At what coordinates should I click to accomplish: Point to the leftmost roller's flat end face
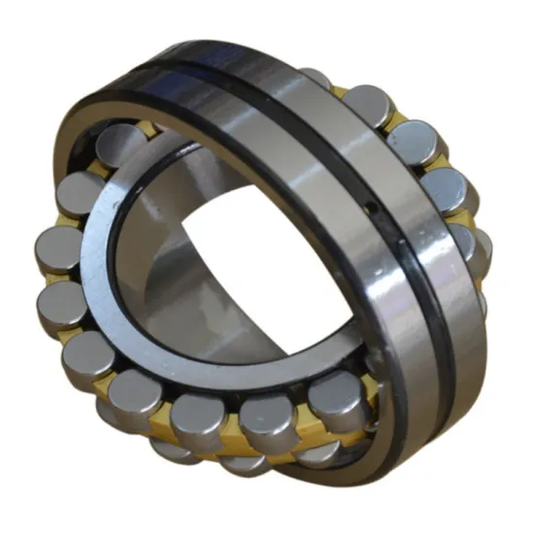(55, 249)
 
